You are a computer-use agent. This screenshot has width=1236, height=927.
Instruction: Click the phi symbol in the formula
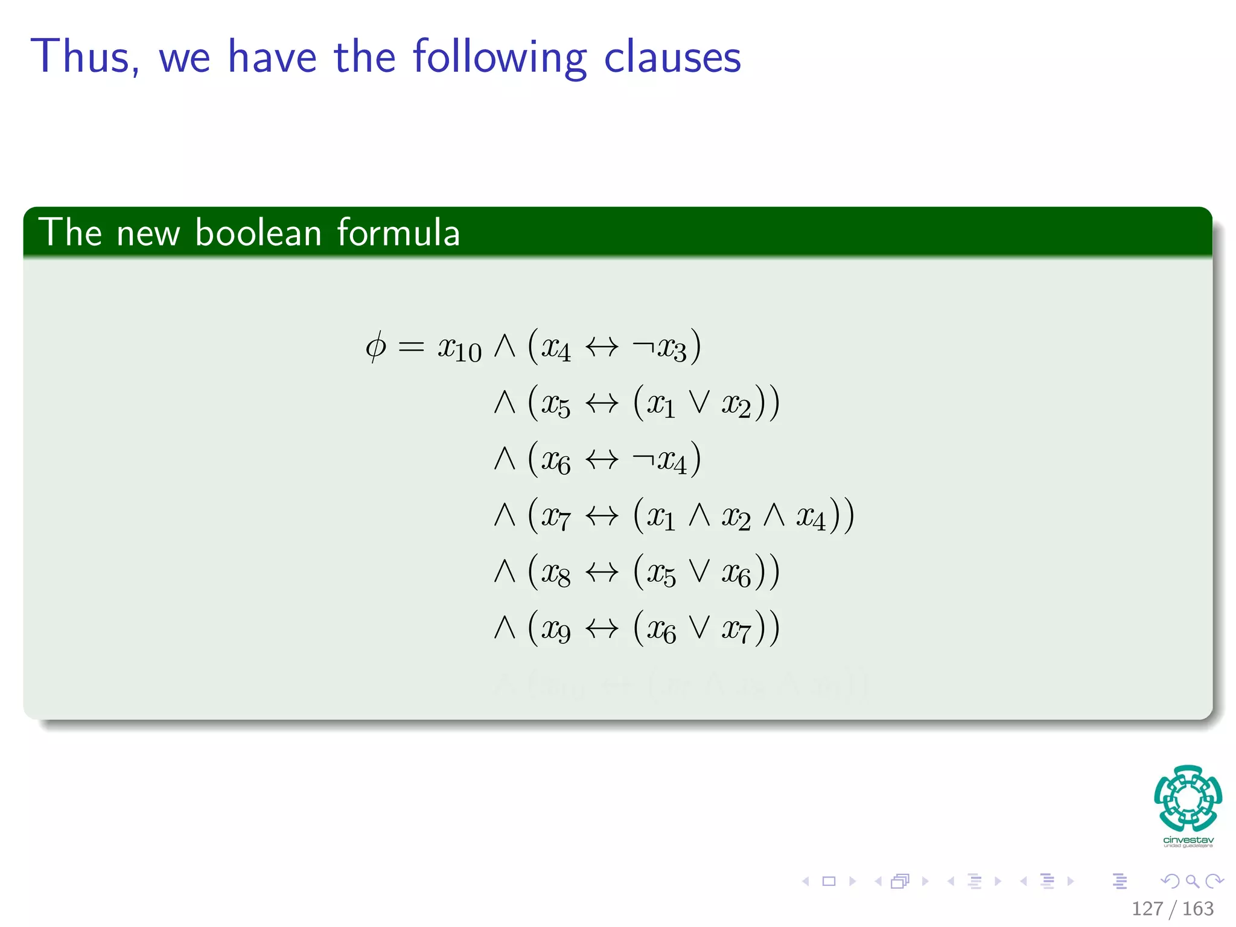click(x=375, y=347)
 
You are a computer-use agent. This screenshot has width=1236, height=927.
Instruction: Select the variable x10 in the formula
click(x=459, y=349)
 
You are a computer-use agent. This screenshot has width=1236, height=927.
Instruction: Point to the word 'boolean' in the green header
click(x=258, y=232)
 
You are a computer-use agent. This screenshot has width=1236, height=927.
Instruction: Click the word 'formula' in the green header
click(x=398, y=232)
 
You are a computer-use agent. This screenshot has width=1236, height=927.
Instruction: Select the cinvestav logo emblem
click(x=1188, y=798)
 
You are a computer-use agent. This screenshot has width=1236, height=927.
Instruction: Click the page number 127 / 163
click(x=1172, y=908)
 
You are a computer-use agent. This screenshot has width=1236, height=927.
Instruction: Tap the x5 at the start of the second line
click(x=555, y=404)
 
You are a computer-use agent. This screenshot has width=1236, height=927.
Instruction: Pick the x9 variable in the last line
click(x=555, y=629)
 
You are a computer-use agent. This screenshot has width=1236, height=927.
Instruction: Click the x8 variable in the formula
click(x=555, y=573)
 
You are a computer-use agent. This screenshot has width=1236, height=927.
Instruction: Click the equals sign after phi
click(x=411, y=347)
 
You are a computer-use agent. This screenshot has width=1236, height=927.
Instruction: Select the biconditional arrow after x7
click(x=602, y=516)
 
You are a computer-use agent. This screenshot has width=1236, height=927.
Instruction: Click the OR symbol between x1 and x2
click(x=699, y=403)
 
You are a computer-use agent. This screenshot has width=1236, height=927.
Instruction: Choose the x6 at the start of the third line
click(x=555, y=461)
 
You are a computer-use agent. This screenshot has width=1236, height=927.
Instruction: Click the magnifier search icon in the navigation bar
click(x=1192, y=881)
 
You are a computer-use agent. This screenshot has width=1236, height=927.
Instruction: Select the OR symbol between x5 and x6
click(x=699, y=572)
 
